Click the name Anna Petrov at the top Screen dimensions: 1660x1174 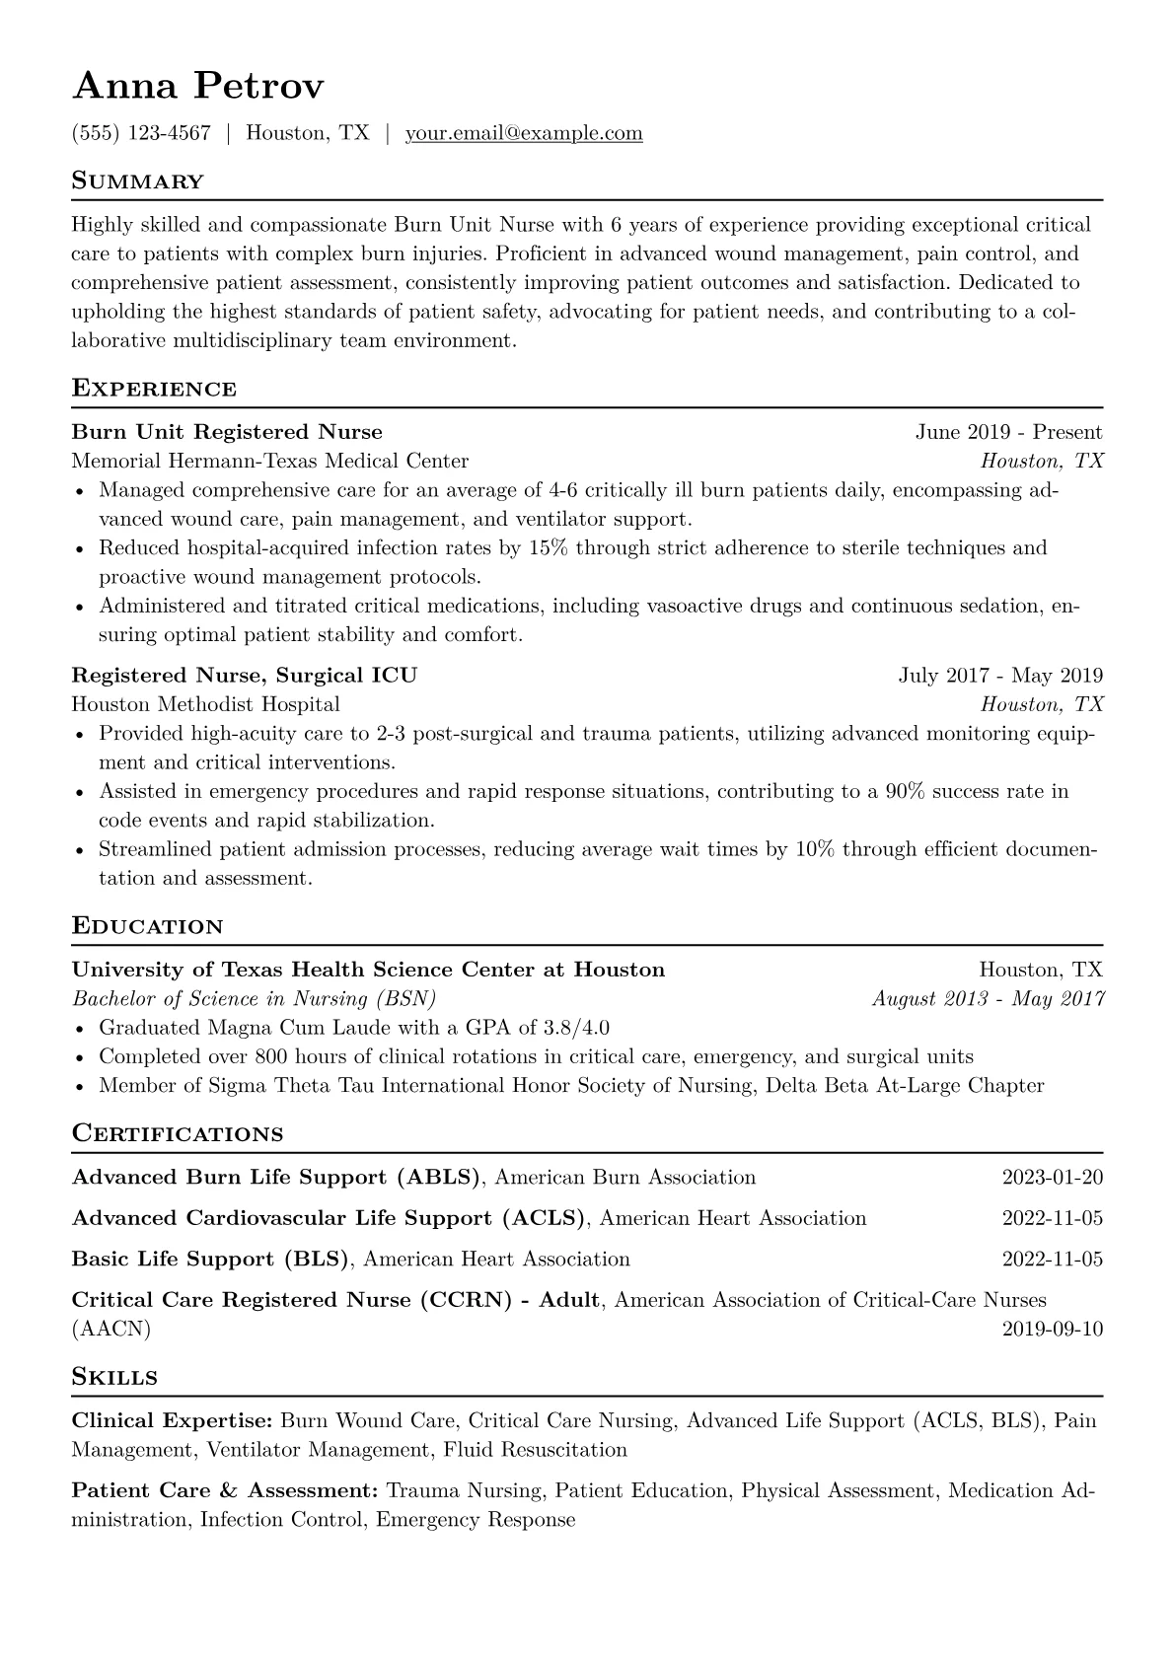tap(197, 87)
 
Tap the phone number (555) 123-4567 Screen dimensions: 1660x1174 tap(141, 133)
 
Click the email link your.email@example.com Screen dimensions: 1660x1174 tap(524, 133)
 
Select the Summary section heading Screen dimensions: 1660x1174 tap(138, 181)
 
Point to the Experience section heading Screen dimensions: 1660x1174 tap(154, 389)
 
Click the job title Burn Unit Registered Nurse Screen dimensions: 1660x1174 tap(227, 432)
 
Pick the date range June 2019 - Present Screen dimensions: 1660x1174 tap(1008, 432)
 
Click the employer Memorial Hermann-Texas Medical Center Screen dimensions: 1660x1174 tap(270, 461)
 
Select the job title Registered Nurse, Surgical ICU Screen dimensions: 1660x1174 tap(245, 676)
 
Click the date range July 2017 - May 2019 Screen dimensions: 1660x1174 tap(1000, 676)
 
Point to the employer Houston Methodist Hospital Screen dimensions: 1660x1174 tap(205, 704)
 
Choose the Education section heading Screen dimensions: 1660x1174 tap(148, 927)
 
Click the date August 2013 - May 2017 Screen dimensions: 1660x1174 tap(988, 999)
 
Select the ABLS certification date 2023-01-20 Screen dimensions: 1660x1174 tap(1052, 1178)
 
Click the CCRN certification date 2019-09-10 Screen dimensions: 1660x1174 tap(1052, 1330)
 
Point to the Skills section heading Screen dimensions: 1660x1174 tap(114, 1378)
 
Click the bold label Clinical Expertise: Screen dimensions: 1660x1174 tap(173, 1421)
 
